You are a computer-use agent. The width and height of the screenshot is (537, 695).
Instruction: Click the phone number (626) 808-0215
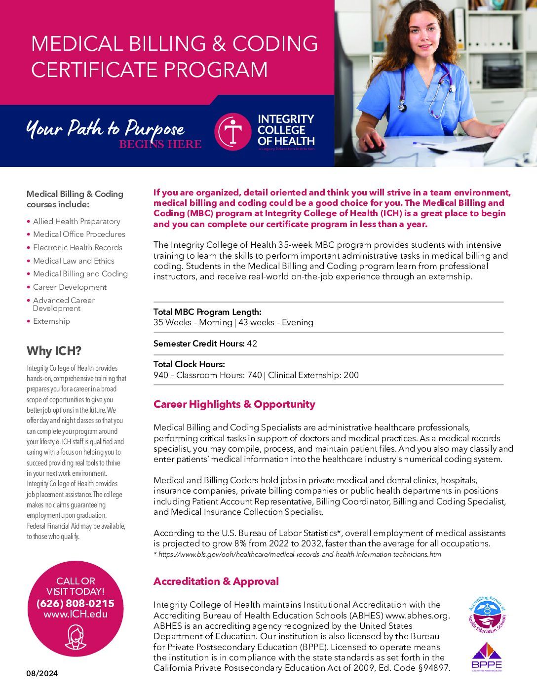[x=75, y=603]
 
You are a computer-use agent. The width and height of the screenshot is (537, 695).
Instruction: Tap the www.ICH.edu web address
[x=75, y=615]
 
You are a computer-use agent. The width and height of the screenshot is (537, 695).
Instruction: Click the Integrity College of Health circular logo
[x=233, y=131]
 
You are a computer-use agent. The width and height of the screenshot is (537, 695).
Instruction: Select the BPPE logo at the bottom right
[x=486, y=656]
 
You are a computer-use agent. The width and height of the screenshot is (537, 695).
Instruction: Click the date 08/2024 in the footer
[x=42, y=673]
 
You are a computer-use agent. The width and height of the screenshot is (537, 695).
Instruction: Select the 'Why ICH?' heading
[x=54, y=351]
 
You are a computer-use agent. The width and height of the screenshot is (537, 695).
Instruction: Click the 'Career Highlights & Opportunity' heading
[x=234, y=404]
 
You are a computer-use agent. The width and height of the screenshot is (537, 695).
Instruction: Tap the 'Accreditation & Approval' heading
[x=216, y=581]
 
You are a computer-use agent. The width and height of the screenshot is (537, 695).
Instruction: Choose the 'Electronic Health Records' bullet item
[x=77, y=248]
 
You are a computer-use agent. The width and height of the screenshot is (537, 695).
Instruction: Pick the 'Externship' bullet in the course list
[x=51, y=321]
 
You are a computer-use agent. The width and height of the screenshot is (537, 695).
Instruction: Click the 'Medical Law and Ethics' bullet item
[x=74, y=261]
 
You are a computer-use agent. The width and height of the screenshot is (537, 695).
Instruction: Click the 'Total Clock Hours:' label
[x=189, y=364]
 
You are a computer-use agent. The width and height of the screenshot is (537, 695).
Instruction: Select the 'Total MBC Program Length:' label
[x=207, y=312]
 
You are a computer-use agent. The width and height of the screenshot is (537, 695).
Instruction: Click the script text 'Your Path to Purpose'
[x=105, y=128]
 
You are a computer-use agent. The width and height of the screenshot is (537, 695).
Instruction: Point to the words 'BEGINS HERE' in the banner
[x=160, y=144]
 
